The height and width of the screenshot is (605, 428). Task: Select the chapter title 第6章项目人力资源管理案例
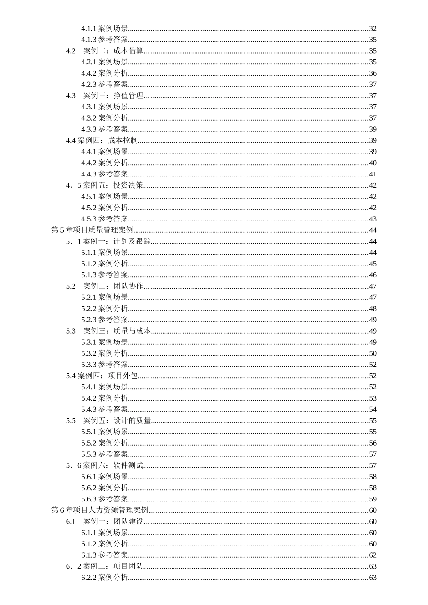(x=100, y=510)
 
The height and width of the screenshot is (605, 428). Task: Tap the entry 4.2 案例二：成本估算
(x=105, y=51)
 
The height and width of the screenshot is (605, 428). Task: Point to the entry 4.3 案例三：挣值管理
(x=105, y=95)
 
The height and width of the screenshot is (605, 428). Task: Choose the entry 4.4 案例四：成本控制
(x=102, y=140)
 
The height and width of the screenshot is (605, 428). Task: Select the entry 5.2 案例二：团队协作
(x=105, y=286)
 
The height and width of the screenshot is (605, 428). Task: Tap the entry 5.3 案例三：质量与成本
(x=108, y=331)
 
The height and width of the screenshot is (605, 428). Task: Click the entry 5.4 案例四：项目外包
(x=102, y=375)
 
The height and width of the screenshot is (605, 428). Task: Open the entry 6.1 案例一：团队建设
(x=105, y=521)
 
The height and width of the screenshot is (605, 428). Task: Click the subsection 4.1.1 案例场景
(x=105, y=28)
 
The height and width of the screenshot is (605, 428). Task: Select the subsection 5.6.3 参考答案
(x=105, y=499)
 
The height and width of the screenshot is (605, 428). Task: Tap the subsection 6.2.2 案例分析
(x=105, y=577)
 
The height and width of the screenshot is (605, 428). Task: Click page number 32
(x=373, y=28)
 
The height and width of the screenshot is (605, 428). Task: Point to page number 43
(x=373, y=219)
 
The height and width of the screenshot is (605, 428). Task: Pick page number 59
(x=373, y=499)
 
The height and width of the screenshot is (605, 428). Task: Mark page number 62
(x=373, y=555)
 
